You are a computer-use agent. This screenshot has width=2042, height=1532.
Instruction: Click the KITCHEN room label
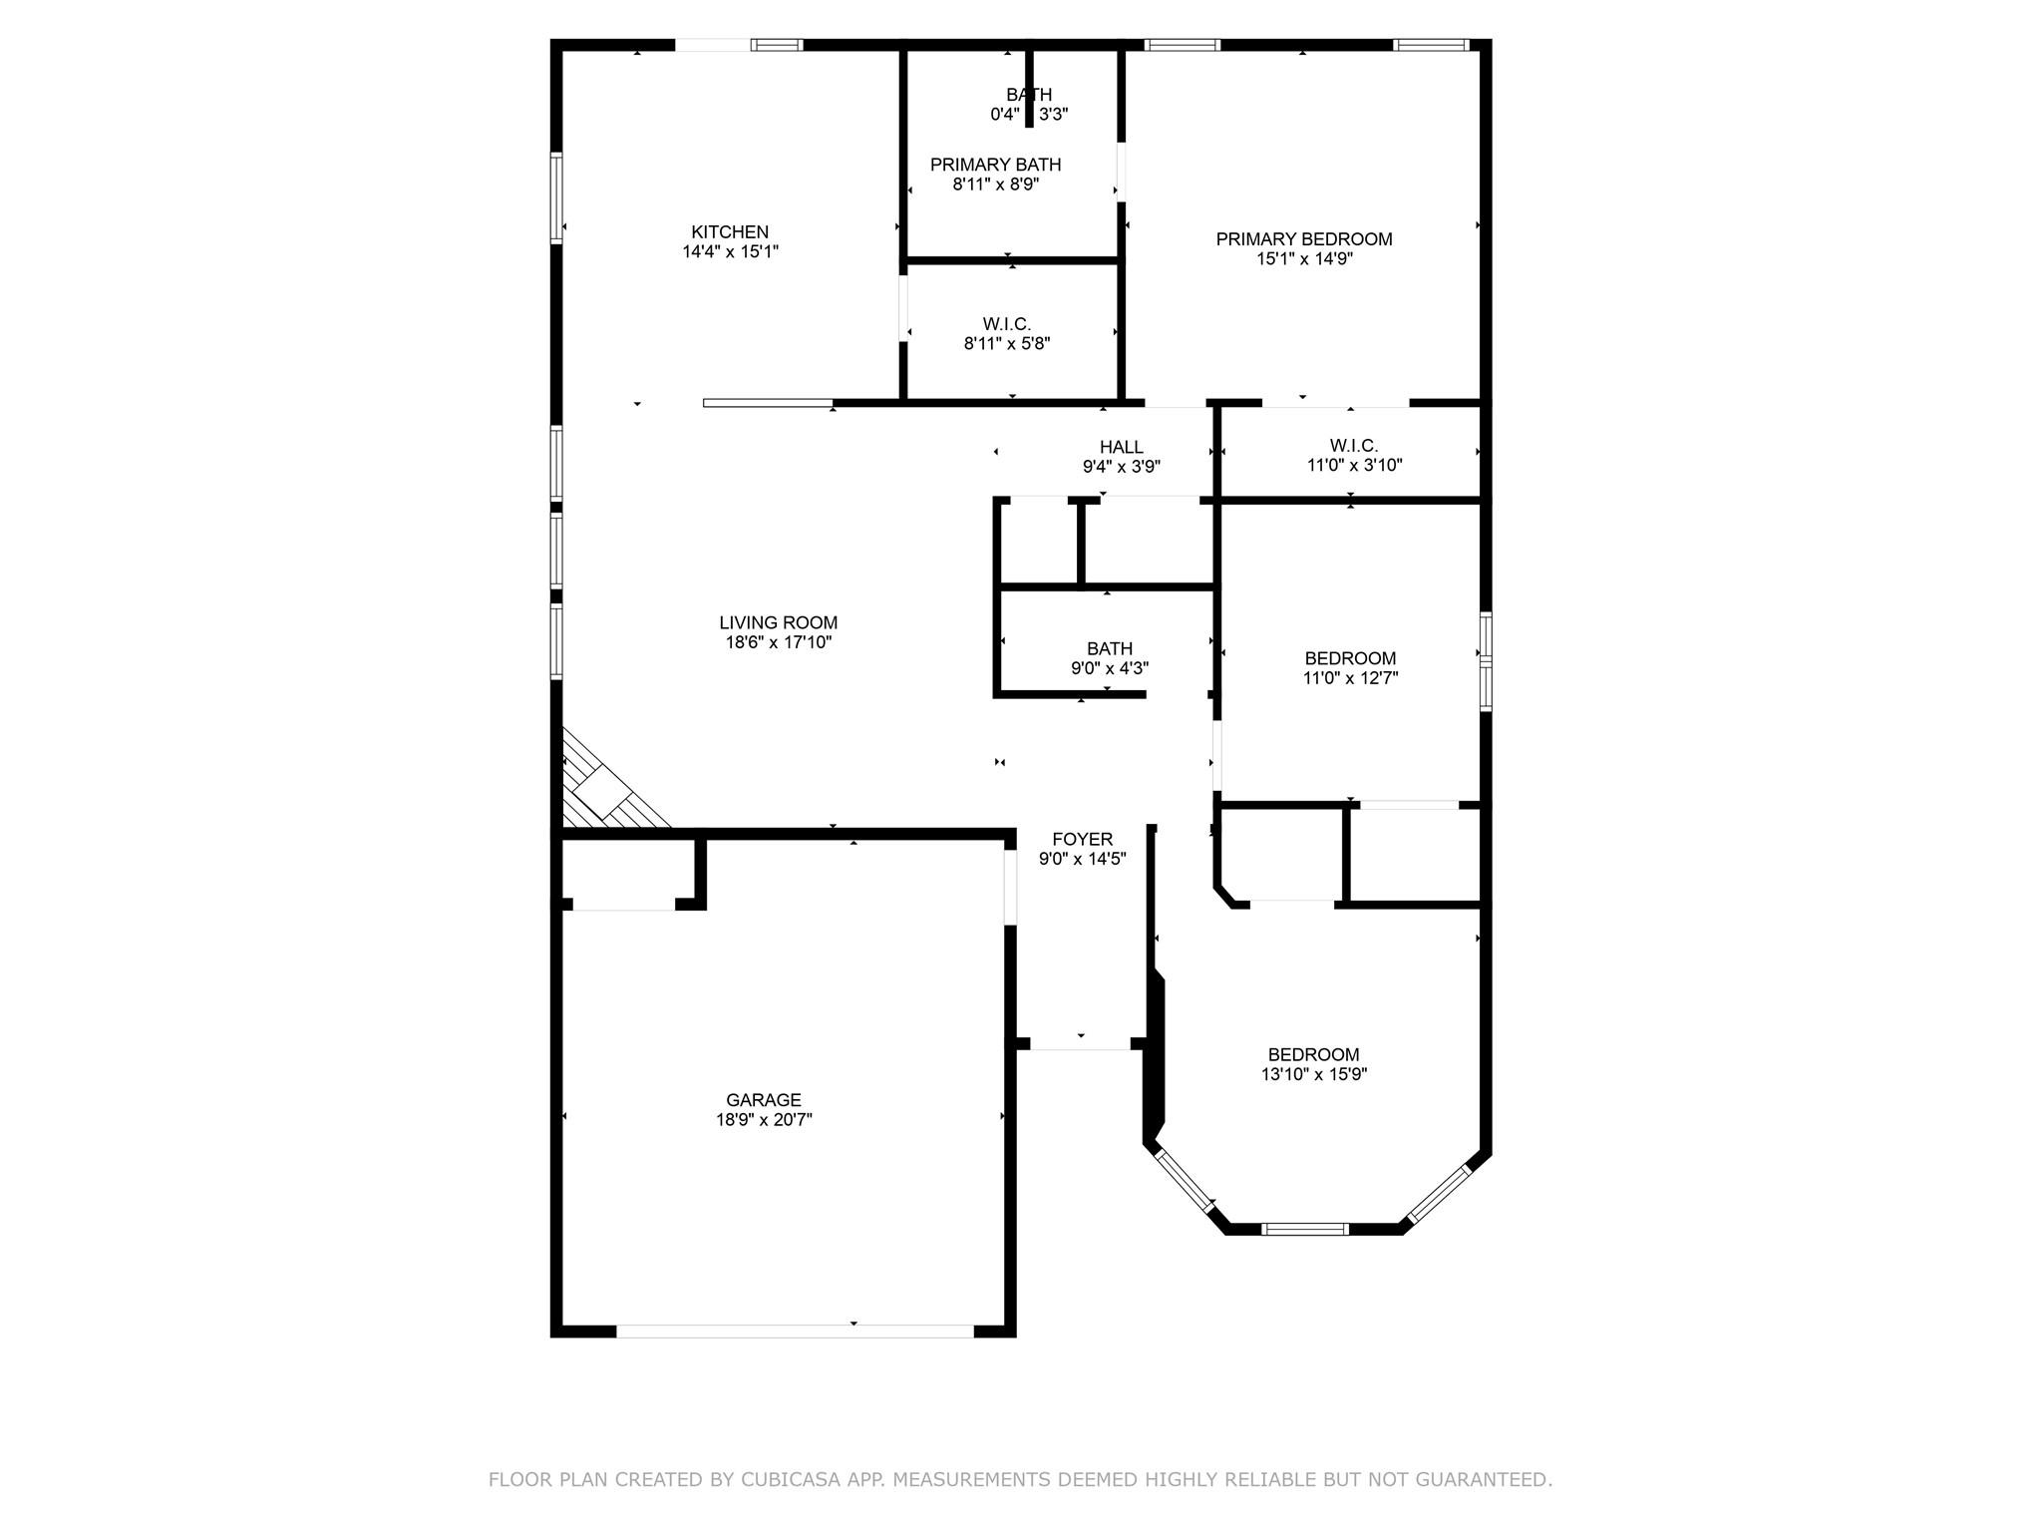coord(730,232)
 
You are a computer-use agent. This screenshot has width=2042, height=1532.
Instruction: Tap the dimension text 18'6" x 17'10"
coord(778,643)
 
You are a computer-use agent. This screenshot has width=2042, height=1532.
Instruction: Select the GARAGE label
coord(763,1100)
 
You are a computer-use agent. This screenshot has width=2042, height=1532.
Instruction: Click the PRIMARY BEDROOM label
coord(1303,239)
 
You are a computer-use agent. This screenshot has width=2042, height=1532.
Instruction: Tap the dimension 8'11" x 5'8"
coord(1006,344)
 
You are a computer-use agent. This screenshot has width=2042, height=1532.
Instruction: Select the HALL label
coord(1121,447)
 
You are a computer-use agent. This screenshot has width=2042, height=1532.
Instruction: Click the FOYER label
coord(1082,840)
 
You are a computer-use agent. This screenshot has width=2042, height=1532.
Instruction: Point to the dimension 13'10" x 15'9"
coord(1313,1074)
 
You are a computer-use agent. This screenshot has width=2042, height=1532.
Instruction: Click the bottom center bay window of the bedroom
coord(1304,1229)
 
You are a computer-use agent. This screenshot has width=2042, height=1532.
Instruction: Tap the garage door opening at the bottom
coord(795,1331)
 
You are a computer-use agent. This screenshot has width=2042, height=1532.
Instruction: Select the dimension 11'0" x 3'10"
coord(1354,465)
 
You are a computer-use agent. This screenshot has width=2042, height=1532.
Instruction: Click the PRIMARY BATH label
coord(995,165)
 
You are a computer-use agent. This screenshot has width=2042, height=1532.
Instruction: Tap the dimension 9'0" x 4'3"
coord(1109,668)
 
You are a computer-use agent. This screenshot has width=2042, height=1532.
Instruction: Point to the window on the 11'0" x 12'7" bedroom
coord(1485,660)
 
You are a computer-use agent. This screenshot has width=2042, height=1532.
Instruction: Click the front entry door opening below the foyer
coord(1080,1044)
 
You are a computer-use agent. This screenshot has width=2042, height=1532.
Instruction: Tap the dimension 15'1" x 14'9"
coord(1303,259)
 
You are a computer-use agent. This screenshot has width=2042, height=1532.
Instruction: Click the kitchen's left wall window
coord(556,197)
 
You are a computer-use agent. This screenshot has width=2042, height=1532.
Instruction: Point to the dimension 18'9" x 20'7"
coord(763,1120)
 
